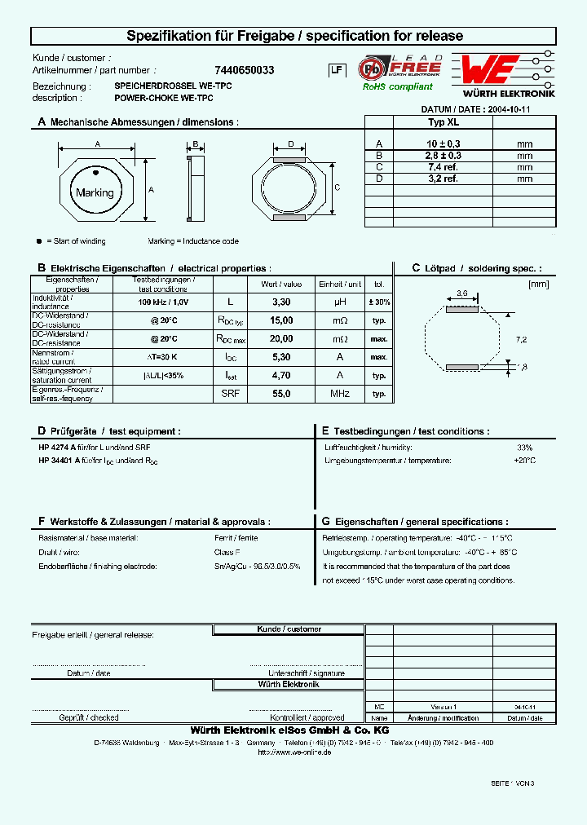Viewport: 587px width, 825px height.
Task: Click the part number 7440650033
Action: coord(244,71)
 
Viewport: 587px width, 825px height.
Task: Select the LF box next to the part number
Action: coord(336,71)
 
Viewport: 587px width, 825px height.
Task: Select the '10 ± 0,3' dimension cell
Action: coord(443,143)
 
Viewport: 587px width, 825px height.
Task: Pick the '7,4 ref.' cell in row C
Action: coord(443,166)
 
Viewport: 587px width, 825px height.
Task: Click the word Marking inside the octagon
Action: coord(95,193)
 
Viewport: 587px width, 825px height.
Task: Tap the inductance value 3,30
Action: coord(280,302)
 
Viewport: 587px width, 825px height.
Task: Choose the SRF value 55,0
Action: coord(280,394)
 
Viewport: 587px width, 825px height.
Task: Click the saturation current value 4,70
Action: coord(280,376)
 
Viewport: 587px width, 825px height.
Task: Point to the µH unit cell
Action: coord(340,302)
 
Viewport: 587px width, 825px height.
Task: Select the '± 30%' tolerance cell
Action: coord(378,302)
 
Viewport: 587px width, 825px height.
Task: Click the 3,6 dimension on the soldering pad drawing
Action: coord(461,292)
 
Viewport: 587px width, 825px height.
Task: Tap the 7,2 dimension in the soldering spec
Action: coord(523,338)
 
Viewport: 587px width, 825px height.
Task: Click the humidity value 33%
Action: coord(524,448)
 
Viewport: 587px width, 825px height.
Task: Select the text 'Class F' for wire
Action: coord(227,552)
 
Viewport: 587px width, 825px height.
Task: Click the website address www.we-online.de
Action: coord(293,752)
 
